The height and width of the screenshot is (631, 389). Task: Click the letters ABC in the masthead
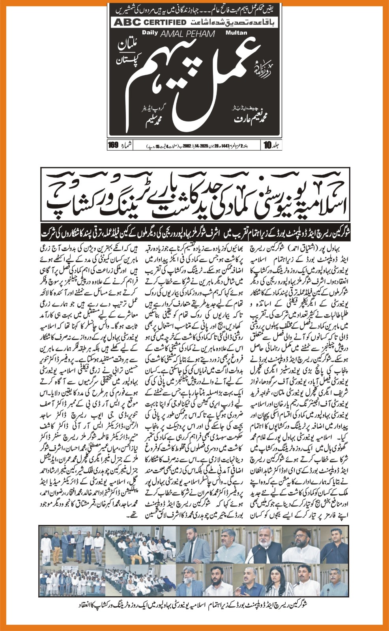coord(124,22)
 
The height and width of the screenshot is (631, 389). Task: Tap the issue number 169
coord(113,145)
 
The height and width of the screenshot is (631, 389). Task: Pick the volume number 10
coord(267,145)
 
